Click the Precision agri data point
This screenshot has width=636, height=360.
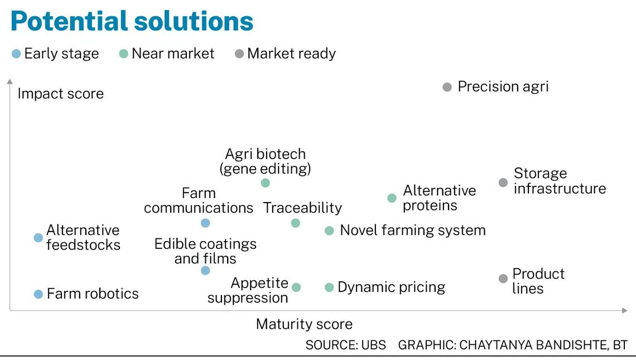point(447,87)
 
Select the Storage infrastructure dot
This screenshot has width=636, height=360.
point(503,183)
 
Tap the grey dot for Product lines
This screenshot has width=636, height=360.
point(503,279)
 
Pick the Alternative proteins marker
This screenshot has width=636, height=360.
point(392,198)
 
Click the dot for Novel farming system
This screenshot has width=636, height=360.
point(329,231)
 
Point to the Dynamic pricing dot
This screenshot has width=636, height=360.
point(329,287)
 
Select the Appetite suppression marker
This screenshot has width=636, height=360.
point(296,287)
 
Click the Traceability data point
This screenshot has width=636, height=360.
point(296,223)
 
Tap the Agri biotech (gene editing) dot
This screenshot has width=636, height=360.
point(265,183)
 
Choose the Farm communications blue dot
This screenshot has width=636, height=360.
point(205,223)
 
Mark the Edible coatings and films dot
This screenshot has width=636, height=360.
point(205,271)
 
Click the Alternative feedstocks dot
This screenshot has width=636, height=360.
point(38,238)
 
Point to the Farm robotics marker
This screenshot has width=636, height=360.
point(38,294)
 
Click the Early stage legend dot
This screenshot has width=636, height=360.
point(16,54)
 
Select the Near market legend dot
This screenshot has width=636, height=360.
point(124,54)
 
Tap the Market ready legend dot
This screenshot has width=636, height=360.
point(239,54)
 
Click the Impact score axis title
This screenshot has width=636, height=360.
point(60,94)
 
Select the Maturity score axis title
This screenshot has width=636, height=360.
point(304,324)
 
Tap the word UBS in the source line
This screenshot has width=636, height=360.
point(374,345)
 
